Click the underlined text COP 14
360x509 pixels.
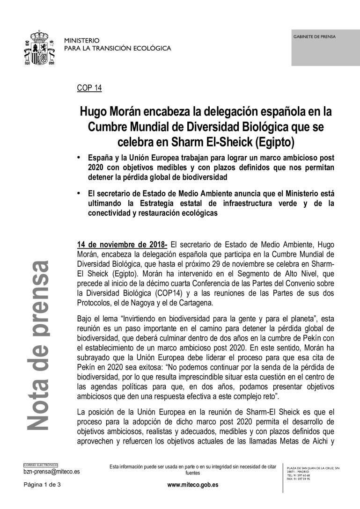point(89,88)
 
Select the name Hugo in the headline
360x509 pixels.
point(93,112)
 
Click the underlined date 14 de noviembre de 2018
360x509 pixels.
point(122,244)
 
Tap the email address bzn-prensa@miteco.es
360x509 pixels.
point(51,472)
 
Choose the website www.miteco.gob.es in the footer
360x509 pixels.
point(192,485)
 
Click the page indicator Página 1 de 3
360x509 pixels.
point(43,485)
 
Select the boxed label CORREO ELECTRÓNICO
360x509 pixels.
point(41,465)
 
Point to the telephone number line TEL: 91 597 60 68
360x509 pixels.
point(298,475)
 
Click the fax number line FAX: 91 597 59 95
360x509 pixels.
point(298,479)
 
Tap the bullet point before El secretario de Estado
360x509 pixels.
point(79,192)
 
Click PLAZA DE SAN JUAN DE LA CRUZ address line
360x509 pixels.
point(312,468)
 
